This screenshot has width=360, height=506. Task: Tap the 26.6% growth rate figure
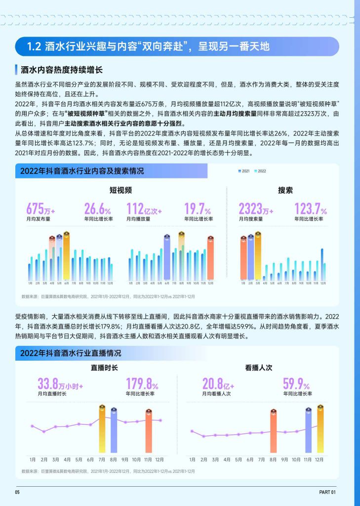97,209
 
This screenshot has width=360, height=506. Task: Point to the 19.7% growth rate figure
198,209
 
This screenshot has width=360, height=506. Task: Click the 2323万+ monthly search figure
256,209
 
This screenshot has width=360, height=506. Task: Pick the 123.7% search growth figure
310,209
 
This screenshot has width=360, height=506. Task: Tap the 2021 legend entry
243,171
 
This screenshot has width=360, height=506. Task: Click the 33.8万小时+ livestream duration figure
60,384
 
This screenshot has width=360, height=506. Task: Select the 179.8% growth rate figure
142,384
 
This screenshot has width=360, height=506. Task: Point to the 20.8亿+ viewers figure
218,384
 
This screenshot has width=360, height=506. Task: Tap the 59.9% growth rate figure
296,384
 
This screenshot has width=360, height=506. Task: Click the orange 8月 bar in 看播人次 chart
273,433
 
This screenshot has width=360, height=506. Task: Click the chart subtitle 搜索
285,190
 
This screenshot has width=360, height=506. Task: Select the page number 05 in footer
17,492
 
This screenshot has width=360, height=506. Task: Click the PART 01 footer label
327,492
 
